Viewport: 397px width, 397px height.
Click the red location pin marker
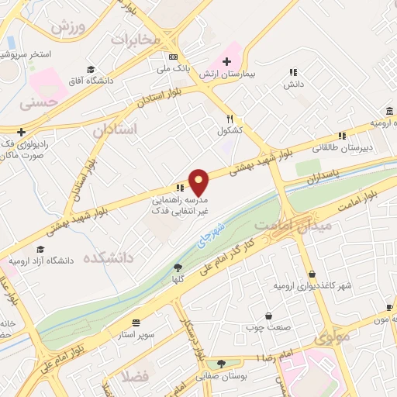[199, 182]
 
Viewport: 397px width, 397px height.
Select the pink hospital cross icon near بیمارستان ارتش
[227, 62]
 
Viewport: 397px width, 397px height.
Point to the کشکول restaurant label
[230, 130]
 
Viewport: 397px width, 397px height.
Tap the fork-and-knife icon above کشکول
[230, 119]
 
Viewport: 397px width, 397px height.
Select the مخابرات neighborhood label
[136, 39]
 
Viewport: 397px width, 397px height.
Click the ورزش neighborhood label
[67, 26]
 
